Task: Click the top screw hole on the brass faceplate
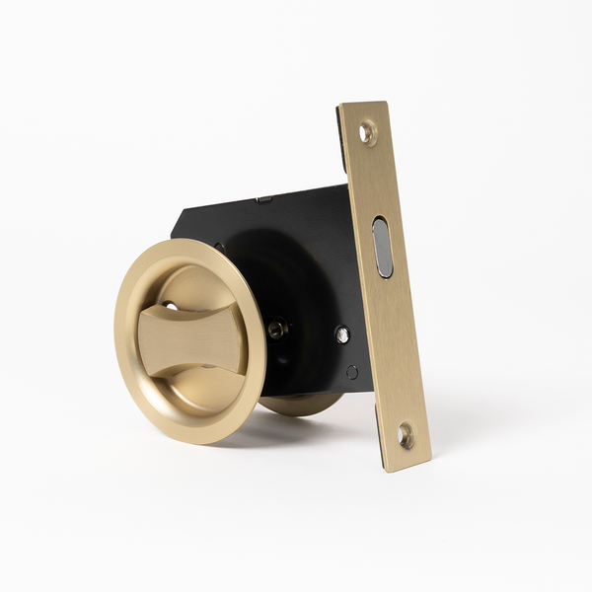pos(367,131)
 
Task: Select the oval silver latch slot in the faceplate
pos(382,247)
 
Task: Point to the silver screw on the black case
pos(341,333)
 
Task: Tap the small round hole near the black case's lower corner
pos(352,372)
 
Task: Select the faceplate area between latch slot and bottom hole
pos(394,345)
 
